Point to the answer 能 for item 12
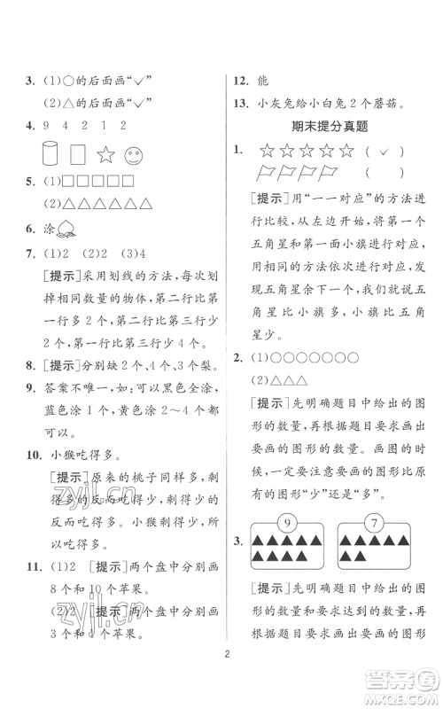(266, 79)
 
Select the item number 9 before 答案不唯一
(30, 362)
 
